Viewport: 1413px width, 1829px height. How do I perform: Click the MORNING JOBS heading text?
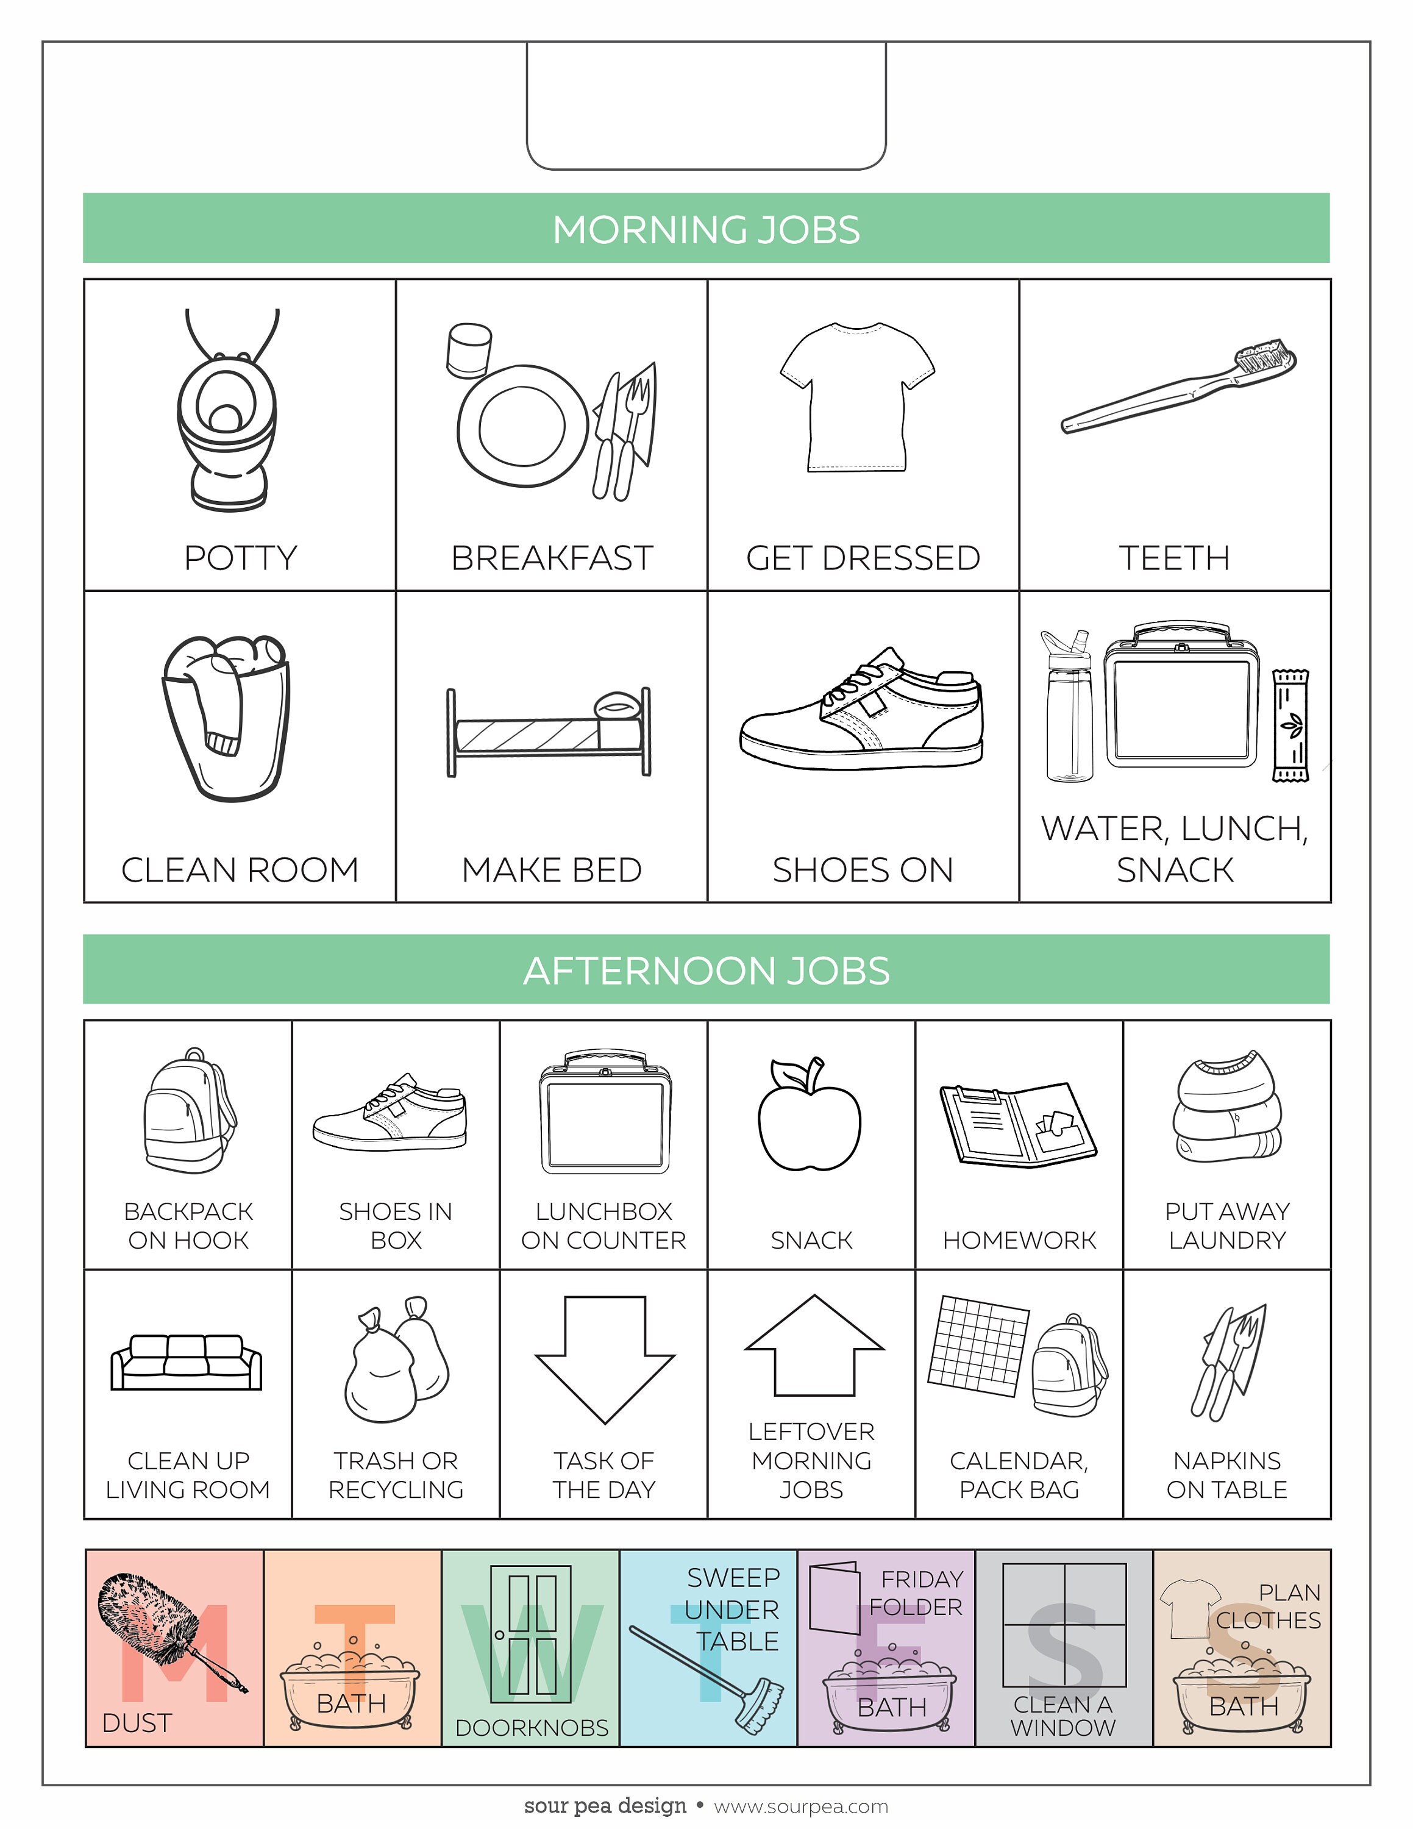click(706, 229)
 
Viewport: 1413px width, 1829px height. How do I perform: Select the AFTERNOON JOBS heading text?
click(706, 971)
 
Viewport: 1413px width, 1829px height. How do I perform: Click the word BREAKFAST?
click(552, 558)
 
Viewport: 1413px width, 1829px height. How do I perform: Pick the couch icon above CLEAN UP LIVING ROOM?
click(187, 1363)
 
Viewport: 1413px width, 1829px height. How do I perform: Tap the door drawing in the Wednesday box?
click(531, 1633)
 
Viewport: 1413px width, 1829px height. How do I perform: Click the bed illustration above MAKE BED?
click(548, 732)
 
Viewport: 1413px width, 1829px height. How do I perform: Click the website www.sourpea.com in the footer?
click(800, 1806)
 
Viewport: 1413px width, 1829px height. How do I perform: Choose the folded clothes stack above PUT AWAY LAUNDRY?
click(1226, 1107)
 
